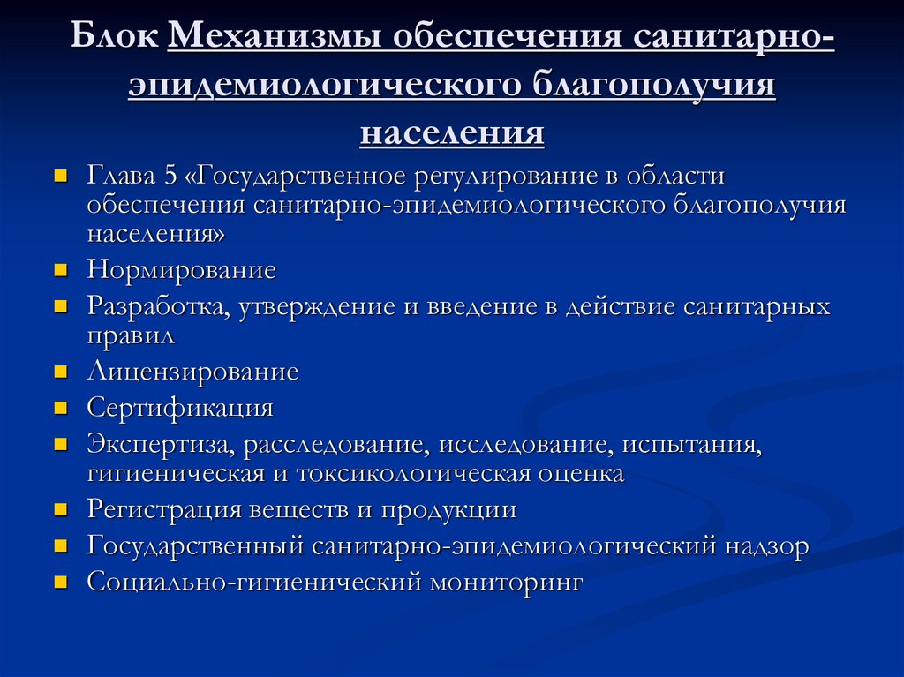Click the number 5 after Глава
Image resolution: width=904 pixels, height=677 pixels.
(x=171, y=176)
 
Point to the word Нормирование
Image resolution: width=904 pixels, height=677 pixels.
(x=181, y=269)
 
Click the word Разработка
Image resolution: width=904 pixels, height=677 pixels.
(x=159, y=306)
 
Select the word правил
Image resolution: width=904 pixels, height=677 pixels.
(x=131, y=335)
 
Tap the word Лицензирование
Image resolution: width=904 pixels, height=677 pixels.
(x=192, y=372)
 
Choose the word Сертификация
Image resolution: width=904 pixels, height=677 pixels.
(x=180, y=408)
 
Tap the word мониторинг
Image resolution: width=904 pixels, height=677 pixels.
(x=507, y=583)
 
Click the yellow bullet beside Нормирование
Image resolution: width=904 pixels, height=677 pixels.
(x=61, y=268)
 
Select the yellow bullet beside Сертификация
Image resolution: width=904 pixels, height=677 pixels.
(x=61, y=408)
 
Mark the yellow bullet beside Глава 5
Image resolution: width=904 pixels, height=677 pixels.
(x=61, y=176)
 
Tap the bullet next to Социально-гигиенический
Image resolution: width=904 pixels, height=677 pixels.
(x=61, y=583)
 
